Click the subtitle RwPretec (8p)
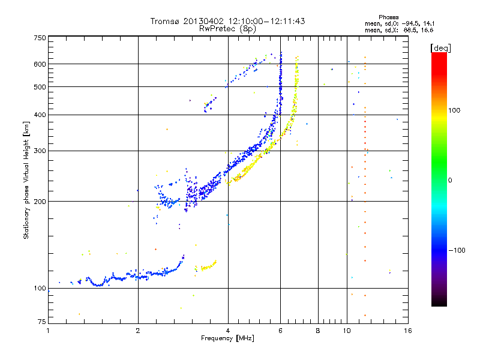227,29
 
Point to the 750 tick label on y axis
40,38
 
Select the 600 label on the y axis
40,64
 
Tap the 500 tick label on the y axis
40,87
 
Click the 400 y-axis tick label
40,115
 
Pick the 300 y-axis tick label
40,151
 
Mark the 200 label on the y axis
40,202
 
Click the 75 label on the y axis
42,322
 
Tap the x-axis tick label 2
138,331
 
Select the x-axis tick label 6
280,331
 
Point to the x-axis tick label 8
318,331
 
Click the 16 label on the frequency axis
408,331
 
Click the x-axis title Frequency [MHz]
227,338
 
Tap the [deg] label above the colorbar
440,48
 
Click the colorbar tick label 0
450,180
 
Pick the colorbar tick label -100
457,250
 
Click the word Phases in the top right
388,17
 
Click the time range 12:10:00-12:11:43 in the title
266,21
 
